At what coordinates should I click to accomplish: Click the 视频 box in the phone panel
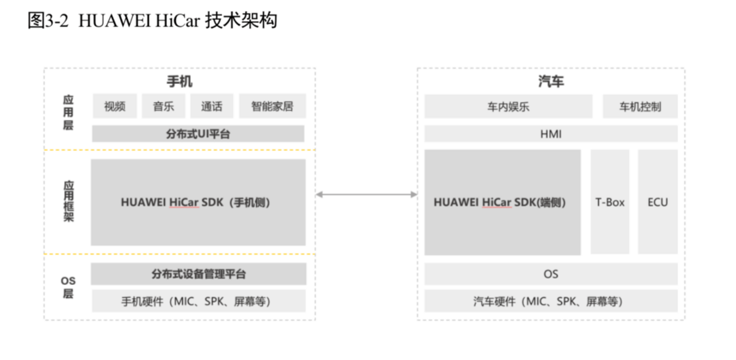click(x=115, y=106)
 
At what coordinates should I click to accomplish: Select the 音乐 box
click(x=164, y=106)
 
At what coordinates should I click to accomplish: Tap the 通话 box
click(x=212, y=106)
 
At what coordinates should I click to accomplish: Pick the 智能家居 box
click(x=272, y=106)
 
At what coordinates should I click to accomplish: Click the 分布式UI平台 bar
click(x=198, y=134)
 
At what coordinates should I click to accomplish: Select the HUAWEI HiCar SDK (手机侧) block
click(x=198, y=202)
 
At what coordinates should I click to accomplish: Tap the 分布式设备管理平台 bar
click(x=198, y=274)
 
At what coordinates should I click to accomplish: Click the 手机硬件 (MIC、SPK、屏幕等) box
click(x=198, y=301)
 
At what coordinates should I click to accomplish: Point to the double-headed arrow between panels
click(x=366, y=194)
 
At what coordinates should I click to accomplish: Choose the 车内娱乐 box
click(x=508, y=106)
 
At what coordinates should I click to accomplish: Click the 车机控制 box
click(x=640, y=106)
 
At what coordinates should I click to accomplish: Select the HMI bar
click(x=551, y=134)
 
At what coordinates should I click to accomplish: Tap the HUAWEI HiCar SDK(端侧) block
click(x=503, y=202)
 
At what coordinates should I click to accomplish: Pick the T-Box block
click(x=610, y=202)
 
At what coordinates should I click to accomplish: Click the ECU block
click(x=658, y=202)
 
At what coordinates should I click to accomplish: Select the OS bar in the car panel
click(x=551, y=274)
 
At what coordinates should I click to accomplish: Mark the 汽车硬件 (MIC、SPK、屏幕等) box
click(x=551, y=301)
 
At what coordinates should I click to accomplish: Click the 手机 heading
click(x=180, y=82)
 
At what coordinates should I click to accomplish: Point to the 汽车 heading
click(x=551, y=82)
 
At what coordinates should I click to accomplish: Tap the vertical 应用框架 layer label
click(x=69, y=201)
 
